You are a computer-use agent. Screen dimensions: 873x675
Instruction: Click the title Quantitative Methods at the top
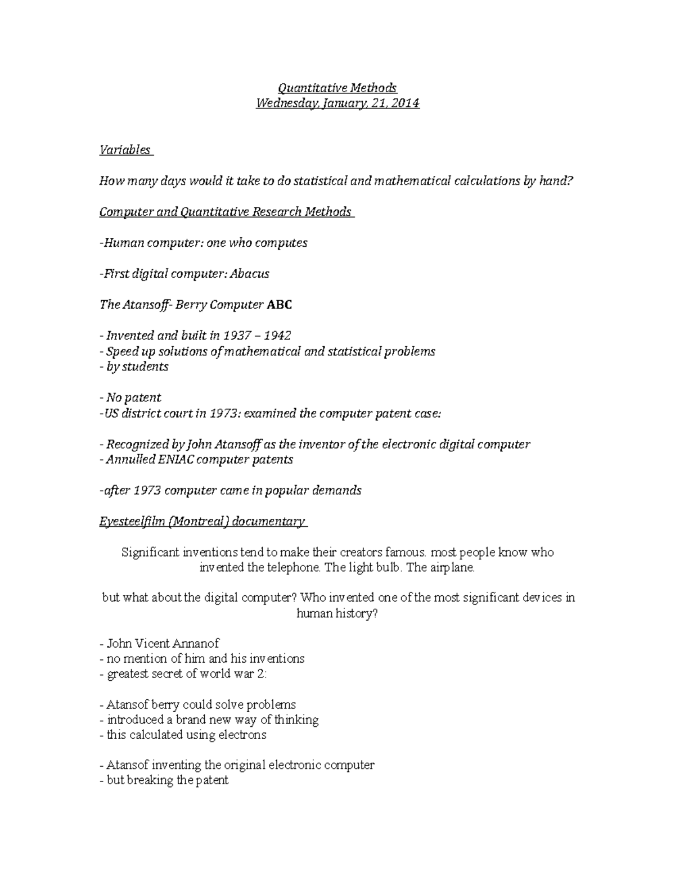click(337, 88)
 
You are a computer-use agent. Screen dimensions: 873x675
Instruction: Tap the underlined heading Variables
click(125, 150)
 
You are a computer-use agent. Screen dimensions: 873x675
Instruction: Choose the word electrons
click(242, 735)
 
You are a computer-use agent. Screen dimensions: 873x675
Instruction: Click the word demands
click(339, 490)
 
